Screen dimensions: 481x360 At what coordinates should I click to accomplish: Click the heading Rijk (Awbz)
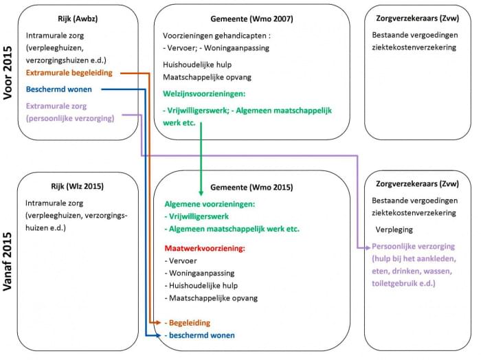[78, 19]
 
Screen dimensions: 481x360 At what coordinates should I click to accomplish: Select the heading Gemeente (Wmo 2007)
[251, 19]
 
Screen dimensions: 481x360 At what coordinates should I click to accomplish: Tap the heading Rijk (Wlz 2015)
[77, 186]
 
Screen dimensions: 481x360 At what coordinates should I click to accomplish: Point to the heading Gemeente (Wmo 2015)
[251, 188]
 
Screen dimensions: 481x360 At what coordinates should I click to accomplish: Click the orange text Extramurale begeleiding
[69, 73]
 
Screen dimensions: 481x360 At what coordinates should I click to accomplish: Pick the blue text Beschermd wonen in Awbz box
[59, 89]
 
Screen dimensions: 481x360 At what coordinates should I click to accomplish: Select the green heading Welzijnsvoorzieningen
[204, 93]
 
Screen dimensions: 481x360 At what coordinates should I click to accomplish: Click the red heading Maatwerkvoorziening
[205, 248]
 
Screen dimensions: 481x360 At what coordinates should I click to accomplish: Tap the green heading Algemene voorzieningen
[210, 204]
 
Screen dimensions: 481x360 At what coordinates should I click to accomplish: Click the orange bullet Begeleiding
[188, 323]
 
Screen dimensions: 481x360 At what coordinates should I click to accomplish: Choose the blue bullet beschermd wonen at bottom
[200, 335]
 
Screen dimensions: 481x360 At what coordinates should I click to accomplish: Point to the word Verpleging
[394, 229]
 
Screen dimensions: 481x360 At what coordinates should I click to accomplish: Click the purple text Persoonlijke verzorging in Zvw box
[413, 246]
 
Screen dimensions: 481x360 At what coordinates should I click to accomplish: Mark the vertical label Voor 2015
[8, 73]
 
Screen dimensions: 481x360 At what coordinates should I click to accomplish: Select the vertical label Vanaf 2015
[8, 261]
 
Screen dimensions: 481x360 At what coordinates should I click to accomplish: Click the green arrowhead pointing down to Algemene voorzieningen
[201, 193]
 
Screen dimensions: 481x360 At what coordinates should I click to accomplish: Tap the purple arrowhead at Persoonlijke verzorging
[368, 248]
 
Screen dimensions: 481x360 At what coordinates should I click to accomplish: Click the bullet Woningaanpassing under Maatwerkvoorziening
[200, 273]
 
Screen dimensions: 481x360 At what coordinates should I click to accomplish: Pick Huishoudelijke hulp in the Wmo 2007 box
[197, 65]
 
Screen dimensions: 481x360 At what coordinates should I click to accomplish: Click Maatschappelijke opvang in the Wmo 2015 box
[212, 298]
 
